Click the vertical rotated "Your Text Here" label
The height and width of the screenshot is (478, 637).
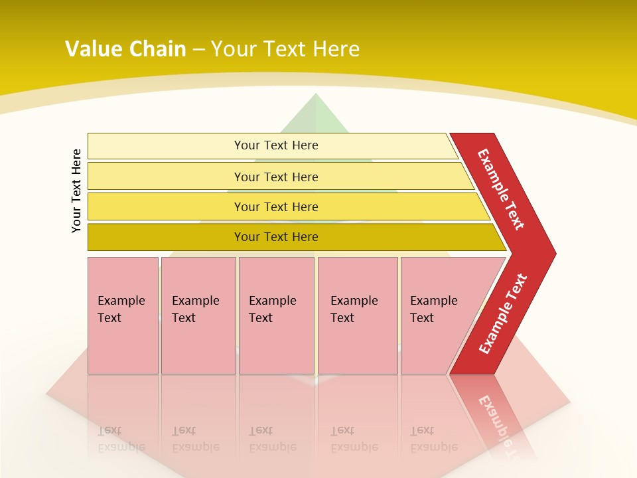click(x=76, y=191)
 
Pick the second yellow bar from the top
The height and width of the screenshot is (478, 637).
click(x=276, y=177)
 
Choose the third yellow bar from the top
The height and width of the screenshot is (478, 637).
click(x=276, y=206)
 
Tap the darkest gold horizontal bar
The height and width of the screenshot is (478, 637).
click(x=276, y=237)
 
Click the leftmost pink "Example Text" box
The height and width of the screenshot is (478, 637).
click(x=123, y=315)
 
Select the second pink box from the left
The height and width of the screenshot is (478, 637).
click(x=198, y=315)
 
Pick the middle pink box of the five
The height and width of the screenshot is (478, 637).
click(x=276, y=315)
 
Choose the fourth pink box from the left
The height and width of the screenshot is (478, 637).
click(x=358, y=315)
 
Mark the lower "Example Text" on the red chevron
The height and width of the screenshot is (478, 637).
click(x=502, y=314)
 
